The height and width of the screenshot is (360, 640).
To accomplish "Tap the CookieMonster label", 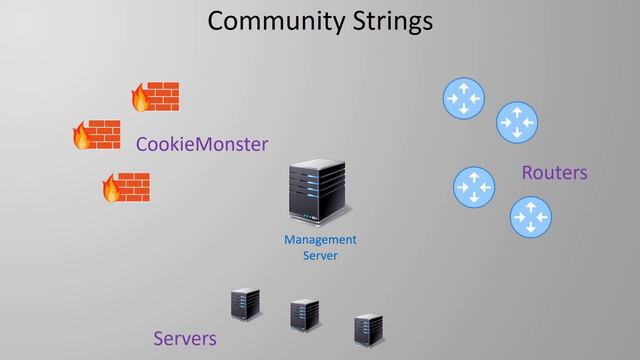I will (x=202, y=144).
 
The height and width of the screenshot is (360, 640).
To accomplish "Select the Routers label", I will (x=554, y=172).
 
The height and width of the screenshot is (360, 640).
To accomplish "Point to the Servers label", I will (x=185, y=338).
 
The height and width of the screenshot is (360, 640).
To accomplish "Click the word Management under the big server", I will (x=320, y=240).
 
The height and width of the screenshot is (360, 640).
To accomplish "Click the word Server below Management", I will (x=320, y=256).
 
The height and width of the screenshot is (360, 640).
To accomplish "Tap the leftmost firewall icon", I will (x=96, y=134).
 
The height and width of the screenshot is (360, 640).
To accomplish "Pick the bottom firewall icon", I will (x=126, y=187).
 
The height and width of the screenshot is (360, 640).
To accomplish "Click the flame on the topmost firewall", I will (x=139, y=98).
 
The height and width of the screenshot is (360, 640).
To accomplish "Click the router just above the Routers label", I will (x=516, y=121).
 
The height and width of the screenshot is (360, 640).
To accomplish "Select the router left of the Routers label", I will (x=474, y=186).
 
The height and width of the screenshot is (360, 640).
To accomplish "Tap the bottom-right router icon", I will (x=530, y=216).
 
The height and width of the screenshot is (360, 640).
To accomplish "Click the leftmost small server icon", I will (x=244, y=304).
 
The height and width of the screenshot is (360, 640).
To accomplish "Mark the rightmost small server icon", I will (x=368, y=329).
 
